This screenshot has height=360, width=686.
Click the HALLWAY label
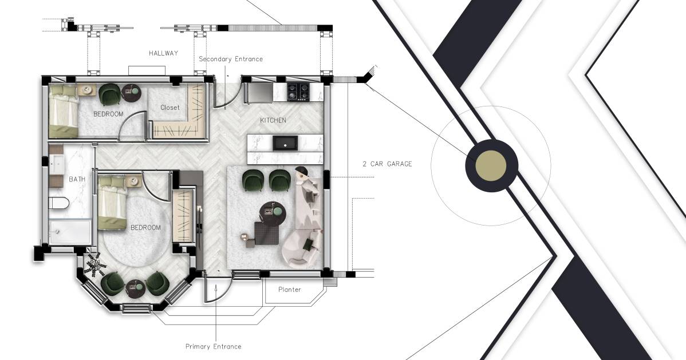(x=163, y=53)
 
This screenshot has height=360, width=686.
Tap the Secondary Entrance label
(x=231, y=59)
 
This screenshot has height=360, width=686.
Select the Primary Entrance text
(x=213, y=346)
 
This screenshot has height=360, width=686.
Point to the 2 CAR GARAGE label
(x=387, y=164)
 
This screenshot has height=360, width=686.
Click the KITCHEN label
(x=273, y=120)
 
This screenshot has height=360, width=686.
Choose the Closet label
(x=169, y=108)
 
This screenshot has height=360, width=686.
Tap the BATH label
(x=77, y=179)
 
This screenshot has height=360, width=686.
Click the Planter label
(x=289, y=290)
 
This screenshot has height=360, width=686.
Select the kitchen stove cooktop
(x=298, y=90)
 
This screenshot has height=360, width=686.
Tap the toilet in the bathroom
(x=59, y=203)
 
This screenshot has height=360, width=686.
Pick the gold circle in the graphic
(x=491, y=166)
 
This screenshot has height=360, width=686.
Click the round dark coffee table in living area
(x=273, y=212)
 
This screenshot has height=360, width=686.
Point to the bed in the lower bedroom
(x=112, y=204)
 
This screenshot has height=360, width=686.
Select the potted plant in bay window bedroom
(x=94, y=265)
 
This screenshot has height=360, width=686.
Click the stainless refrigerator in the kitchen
(x=259, y=92)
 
